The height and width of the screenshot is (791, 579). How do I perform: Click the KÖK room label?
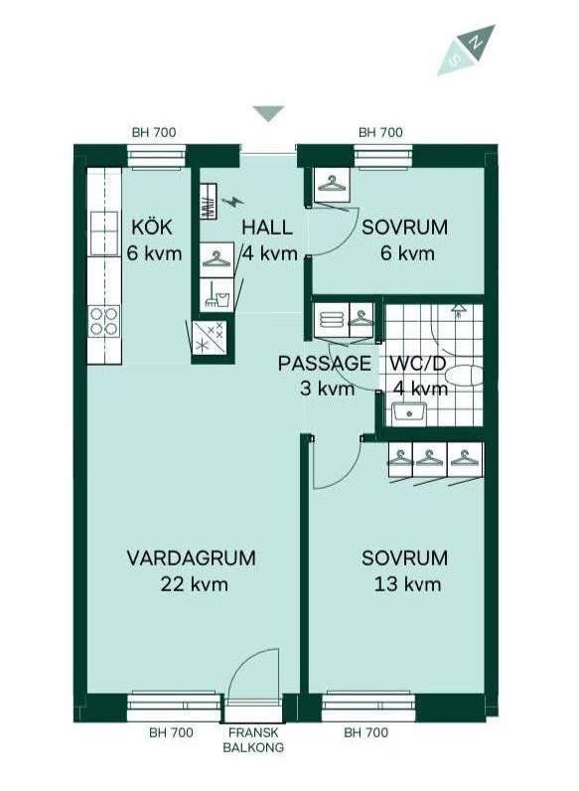coord(152,227)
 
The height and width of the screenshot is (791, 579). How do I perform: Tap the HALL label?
coord(267,228)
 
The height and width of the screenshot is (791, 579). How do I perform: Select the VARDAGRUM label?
coord(191,557)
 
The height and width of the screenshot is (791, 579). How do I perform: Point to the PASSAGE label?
coord(325,364)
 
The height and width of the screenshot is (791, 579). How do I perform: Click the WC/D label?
coord(418,364)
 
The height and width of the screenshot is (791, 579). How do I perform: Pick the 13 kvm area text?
coord(407,584)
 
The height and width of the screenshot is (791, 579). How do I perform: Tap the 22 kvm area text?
coord(195,584)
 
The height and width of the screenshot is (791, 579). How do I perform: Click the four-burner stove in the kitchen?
coord(104,322)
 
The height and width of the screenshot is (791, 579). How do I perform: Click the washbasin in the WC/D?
coord(409,413)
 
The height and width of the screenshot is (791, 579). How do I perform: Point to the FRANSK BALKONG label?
coord(253,739)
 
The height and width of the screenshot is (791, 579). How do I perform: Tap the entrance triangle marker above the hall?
coord(269,113)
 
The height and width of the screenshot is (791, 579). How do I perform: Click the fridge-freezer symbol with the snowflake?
coord(211,337)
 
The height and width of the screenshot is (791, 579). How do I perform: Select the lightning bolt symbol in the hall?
coord(232,202)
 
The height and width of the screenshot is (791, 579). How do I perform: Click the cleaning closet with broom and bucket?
coord(217,294)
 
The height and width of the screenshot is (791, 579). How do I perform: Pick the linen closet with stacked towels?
coord(332,320)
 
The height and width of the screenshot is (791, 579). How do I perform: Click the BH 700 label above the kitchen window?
coord(154,133)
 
